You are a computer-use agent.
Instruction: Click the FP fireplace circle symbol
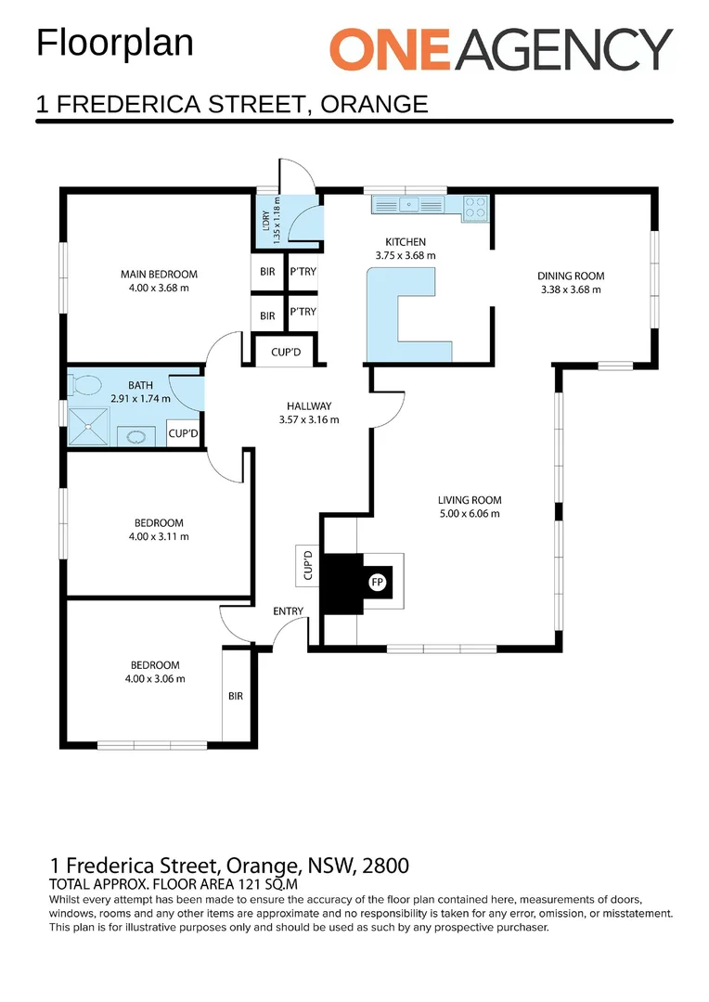pyautogui.click(x=377, y=583)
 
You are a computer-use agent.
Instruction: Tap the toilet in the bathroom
pyautogui.click(x=87, y=384)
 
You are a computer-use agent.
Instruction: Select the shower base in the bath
pyautogui.click(x=89, y=427)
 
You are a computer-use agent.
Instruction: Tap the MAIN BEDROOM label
pyautogui.click(x=159, y=274)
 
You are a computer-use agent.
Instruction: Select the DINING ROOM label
pyautogui.click(x=571, y=276)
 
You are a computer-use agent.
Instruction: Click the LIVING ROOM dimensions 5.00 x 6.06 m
pyautogui.click(x=470, y=514)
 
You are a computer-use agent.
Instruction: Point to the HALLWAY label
pyautogui.click(x=309, y=405)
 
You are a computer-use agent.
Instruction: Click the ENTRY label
pyautogui.click(x=288, y=610)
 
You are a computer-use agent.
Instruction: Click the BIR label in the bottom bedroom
pyautogui.click(x=235, y=695)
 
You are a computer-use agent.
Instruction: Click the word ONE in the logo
pyautogui.click(x=389, y=49)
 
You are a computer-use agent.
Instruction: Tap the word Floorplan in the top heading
pyautogui.click(x=115, y=43)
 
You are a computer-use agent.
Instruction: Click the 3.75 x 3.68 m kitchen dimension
pyautogui.click(x=406, y=255)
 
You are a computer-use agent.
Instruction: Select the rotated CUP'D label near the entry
pyautogui.click(x=308, y=566)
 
